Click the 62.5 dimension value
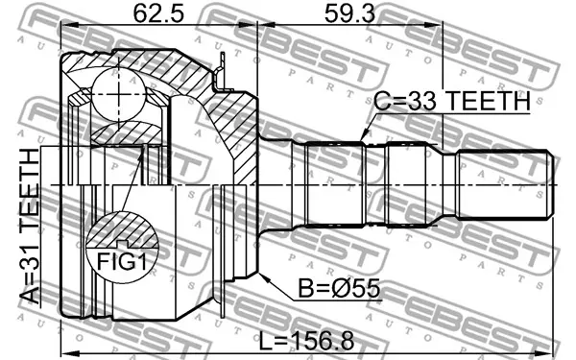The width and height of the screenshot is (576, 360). [x=158, y=14]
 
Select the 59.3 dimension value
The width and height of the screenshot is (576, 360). [x=349, y=14]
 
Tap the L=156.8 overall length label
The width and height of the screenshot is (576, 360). [x=307, y=341]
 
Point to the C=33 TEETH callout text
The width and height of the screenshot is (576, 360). [x=452, y=101]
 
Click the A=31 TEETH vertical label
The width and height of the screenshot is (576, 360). [x=30, y=227]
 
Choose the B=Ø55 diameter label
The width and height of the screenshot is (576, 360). [x=339, y=288]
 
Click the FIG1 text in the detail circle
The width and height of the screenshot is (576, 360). [x=122, y=262]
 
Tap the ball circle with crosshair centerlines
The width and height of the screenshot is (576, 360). [x=118, y=94]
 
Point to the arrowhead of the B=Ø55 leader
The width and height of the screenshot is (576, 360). [x=265, y=277]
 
